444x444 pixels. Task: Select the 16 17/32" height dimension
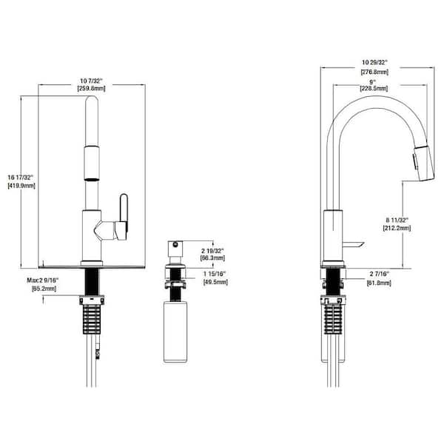(20, 177)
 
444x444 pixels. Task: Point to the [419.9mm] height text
(20, 186)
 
